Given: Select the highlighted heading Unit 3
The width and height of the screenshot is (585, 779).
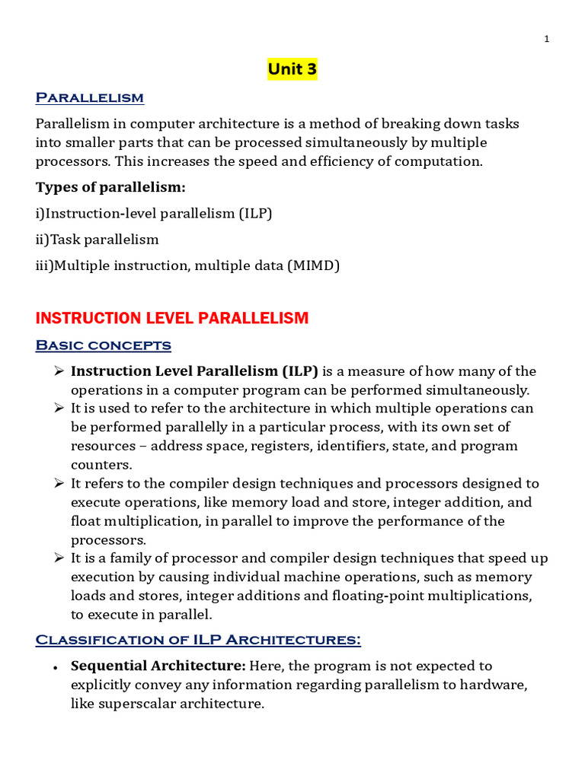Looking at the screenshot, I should point(292,70).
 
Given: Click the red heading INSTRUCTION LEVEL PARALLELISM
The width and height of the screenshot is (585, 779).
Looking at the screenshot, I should point(172,318).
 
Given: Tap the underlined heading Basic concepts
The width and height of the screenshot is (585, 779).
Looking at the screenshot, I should point(104,345).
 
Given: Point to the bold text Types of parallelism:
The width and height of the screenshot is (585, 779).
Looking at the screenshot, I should point(110,187).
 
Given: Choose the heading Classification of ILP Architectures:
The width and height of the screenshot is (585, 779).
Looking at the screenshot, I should point(198,640).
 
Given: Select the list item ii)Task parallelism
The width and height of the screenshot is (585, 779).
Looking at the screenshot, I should point(97,240).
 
